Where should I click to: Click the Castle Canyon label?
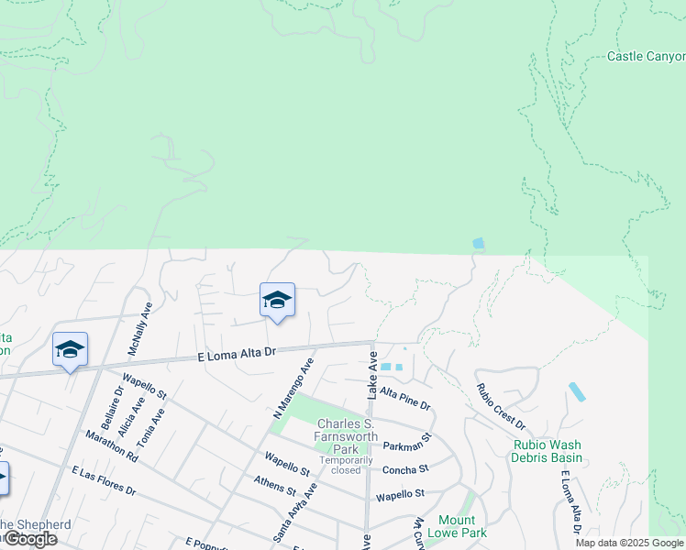[646, 57]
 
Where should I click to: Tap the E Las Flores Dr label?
[104, 480]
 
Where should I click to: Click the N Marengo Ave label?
[293, 390]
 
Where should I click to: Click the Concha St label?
[405, 469]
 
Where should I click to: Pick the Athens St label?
[273, 482]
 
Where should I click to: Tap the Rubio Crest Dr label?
[500, 406]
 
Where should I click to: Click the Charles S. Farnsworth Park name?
[346, 436]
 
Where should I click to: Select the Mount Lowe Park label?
[457, 526]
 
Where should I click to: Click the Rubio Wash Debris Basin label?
[548, 451]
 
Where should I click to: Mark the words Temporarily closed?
[346, 465]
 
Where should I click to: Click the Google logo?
[29, 539]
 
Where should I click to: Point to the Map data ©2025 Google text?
[629, 543]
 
